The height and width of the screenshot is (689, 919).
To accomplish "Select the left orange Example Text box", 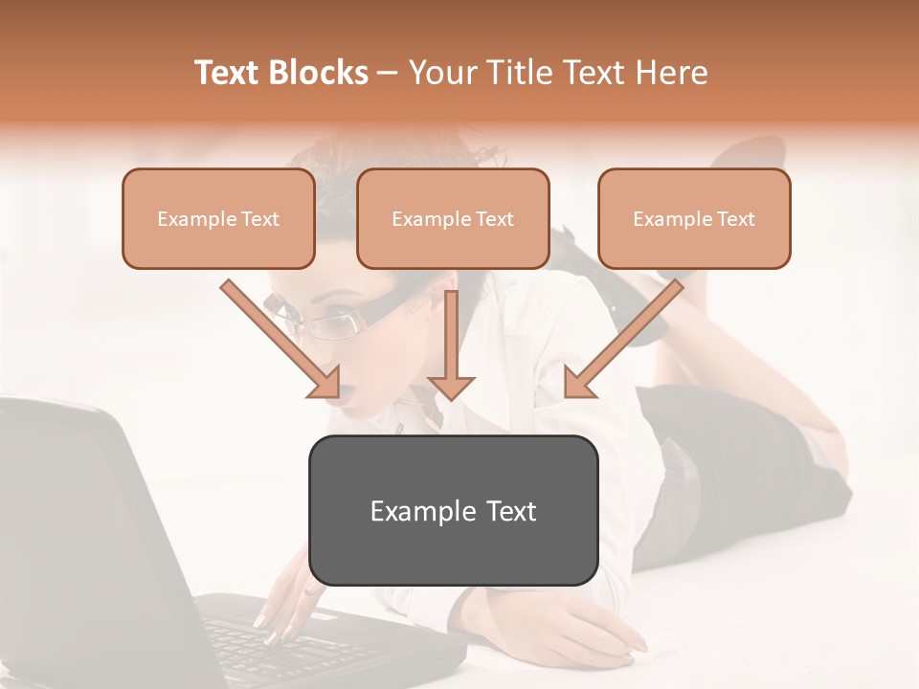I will coord(218,218).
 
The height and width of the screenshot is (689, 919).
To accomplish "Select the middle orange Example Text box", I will coord(453,218).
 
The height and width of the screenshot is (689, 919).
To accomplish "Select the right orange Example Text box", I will coord(694,218).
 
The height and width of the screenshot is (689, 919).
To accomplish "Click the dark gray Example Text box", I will coord(453,510).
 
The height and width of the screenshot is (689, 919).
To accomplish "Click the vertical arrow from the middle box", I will coord(451,344).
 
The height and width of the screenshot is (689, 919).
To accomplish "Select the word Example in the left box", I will coord(191,218).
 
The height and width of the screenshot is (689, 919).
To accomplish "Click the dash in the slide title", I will coord(388,73).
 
